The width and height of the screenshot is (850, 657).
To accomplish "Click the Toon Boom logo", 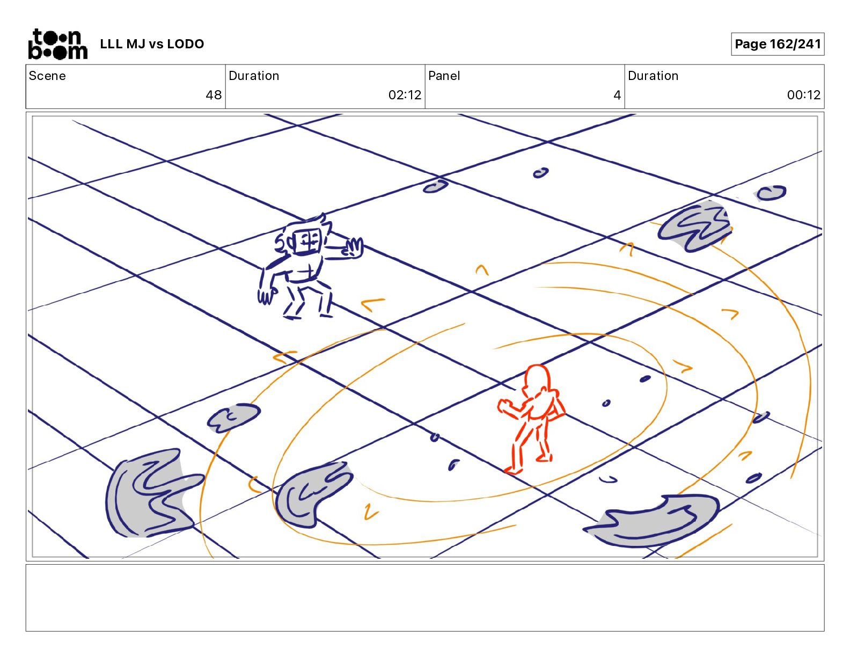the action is tap(57, 44).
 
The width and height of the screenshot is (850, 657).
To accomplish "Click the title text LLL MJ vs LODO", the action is tap(152, 44).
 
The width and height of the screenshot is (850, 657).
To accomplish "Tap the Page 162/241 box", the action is tap(777, 44).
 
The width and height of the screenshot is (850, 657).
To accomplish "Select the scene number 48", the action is tap(214, 94).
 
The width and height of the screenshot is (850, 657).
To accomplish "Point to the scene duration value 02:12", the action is tap(405, 94).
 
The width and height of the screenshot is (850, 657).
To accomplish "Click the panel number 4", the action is tap(617, 94).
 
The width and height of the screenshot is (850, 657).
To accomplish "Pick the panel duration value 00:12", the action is tap(803, 94).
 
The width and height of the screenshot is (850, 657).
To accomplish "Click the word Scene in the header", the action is tap(47, 76).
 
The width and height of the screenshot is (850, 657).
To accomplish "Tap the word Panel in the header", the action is tap(444, 76).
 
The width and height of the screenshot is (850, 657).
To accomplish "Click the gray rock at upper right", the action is tap(695, 226).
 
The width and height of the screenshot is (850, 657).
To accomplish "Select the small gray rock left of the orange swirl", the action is tap(234, 418).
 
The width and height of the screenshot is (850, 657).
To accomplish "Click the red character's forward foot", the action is tap(513, 470).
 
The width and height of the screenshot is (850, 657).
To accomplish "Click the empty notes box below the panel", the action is tap(425, 597).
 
